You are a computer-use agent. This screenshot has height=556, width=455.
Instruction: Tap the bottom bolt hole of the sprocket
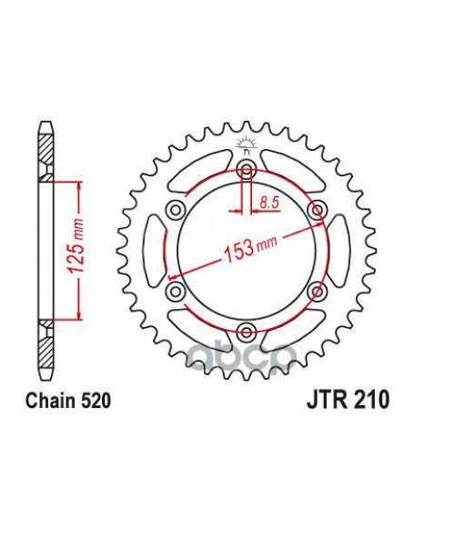click(246, 331)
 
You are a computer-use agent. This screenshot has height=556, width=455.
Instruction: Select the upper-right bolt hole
click(316, 211)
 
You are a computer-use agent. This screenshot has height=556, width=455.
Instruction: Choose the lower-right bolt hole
click(316, 291)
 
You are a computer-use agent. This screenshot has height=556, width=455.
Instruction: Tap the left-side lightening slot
click(152, 251)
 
